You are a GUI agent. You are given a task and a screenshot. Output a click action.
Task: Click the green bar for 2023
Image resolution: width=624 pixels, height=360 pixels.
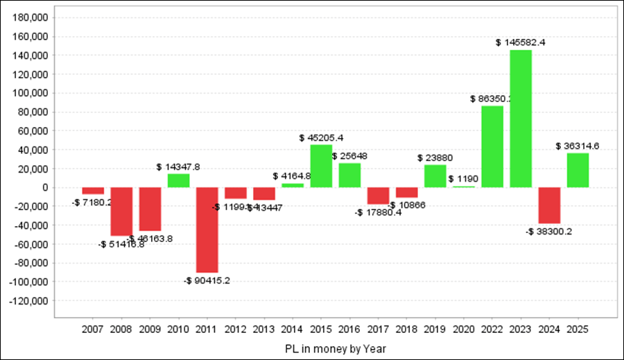point(521,119)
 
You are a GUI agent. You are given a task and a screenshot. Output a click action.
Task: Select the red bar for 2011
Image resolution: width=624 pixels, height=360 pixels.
point(207,230)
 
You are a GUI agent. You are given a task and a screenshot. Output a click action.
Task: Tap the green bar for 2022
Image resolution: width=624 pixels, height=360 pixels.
point(492,146)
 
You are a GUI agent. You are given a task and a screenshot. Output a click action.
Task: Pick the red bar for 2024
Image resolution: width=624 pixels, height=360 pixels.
point(549,205)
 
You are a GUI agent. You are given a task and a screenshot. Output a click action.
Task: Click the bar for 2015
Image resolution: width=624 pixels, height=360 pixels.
point(321,166)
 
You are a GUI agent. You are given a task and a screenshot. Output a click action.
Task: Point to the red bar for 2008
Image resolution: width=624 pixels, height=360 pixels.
point(121,212)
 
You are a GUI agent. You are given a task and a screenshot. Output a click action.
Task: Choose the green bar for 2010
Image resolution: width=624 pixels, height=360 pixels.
point(178,180)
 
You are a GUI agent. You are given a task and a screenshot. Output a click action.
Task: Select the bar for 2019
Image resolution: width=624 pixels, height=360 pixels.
point(435,176)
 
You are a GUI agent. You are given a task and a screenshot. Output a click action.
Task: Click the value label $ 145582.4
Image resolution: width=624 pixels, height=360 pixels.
point(521,42)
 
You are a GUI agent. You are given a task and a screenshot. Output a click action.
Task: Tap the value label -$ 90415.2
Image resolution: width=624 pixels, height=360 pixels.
point(207,280)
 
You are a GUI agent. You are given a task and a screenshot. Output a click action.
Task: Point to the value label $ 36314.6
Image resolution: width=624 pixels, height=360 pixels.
point(578,146)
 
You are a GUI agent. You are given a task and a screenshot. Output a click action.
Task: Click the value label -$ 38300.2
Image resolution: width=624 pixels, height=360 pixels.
point(549,232)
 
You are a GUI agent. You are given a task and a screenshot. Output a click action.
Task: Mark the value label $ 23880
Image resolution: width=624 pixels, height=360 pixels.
point(435,157)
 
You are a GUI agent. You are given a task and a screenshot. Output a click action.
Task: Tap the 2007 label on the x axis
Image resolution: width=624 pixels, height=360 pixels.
point(93,329)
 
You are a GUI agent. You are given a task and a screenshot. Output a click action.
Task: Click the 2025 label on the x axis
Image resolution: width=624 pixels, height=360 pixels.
point(578,329)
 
